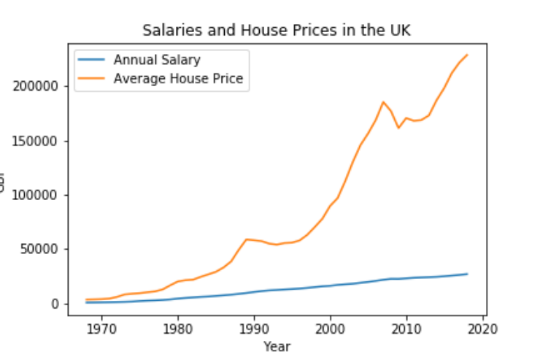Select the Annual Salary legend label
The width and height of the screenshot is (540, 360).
(156, 60)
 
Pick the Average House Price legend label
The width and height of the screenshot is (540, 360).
(178, 79)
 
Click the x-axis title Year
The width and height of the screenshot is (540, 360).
(277, 345)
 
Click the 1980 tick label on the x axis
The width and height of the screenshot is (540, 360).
(178, 327)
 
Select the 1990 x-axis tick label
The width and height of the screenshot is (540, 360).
(254, 327)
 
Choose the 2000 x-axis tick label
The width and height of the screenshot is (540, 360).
(331, 327)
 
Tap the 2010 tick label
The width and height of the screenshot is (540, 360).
(406, 327)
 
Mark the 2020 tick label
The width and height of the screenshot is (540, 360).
(482, 327)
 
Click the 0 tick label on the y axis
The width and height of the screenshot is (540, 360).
(54, 304)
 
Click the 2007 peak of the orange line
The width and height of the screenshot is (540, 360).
(383, 102)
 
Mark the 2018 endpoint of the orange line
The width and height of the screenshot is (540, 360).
(467, 55)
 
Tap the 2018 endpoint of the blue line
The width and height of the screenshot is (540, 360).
(467, 274)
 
